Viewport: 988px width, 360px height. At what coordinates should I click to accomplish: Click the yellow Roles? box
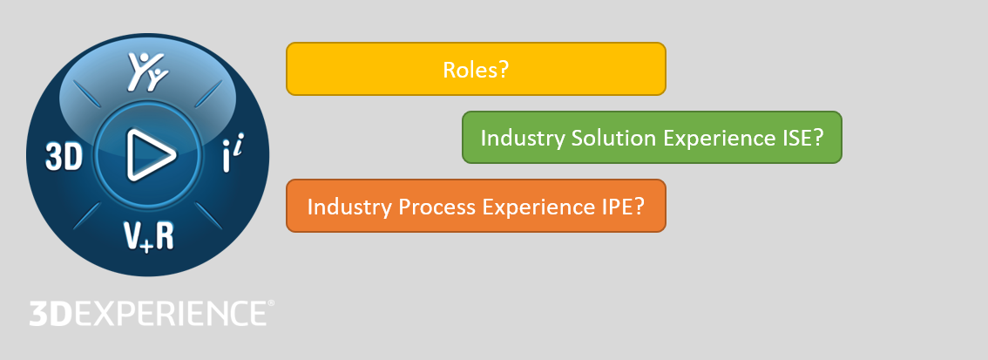476,68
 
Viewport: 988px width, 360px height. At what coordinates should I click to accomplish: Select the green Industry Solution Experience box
652,137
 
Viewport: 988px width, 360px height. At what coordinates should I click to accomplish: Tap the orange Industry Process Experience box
476,206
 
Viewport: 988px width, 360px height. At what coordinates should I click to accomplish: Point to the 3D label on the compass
64,158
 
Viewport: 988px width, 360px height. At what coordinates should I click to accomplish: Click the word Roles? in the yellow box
476,69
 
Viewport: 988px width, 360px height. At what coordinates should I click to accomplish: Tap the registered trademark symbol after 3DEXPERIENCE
270,304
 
